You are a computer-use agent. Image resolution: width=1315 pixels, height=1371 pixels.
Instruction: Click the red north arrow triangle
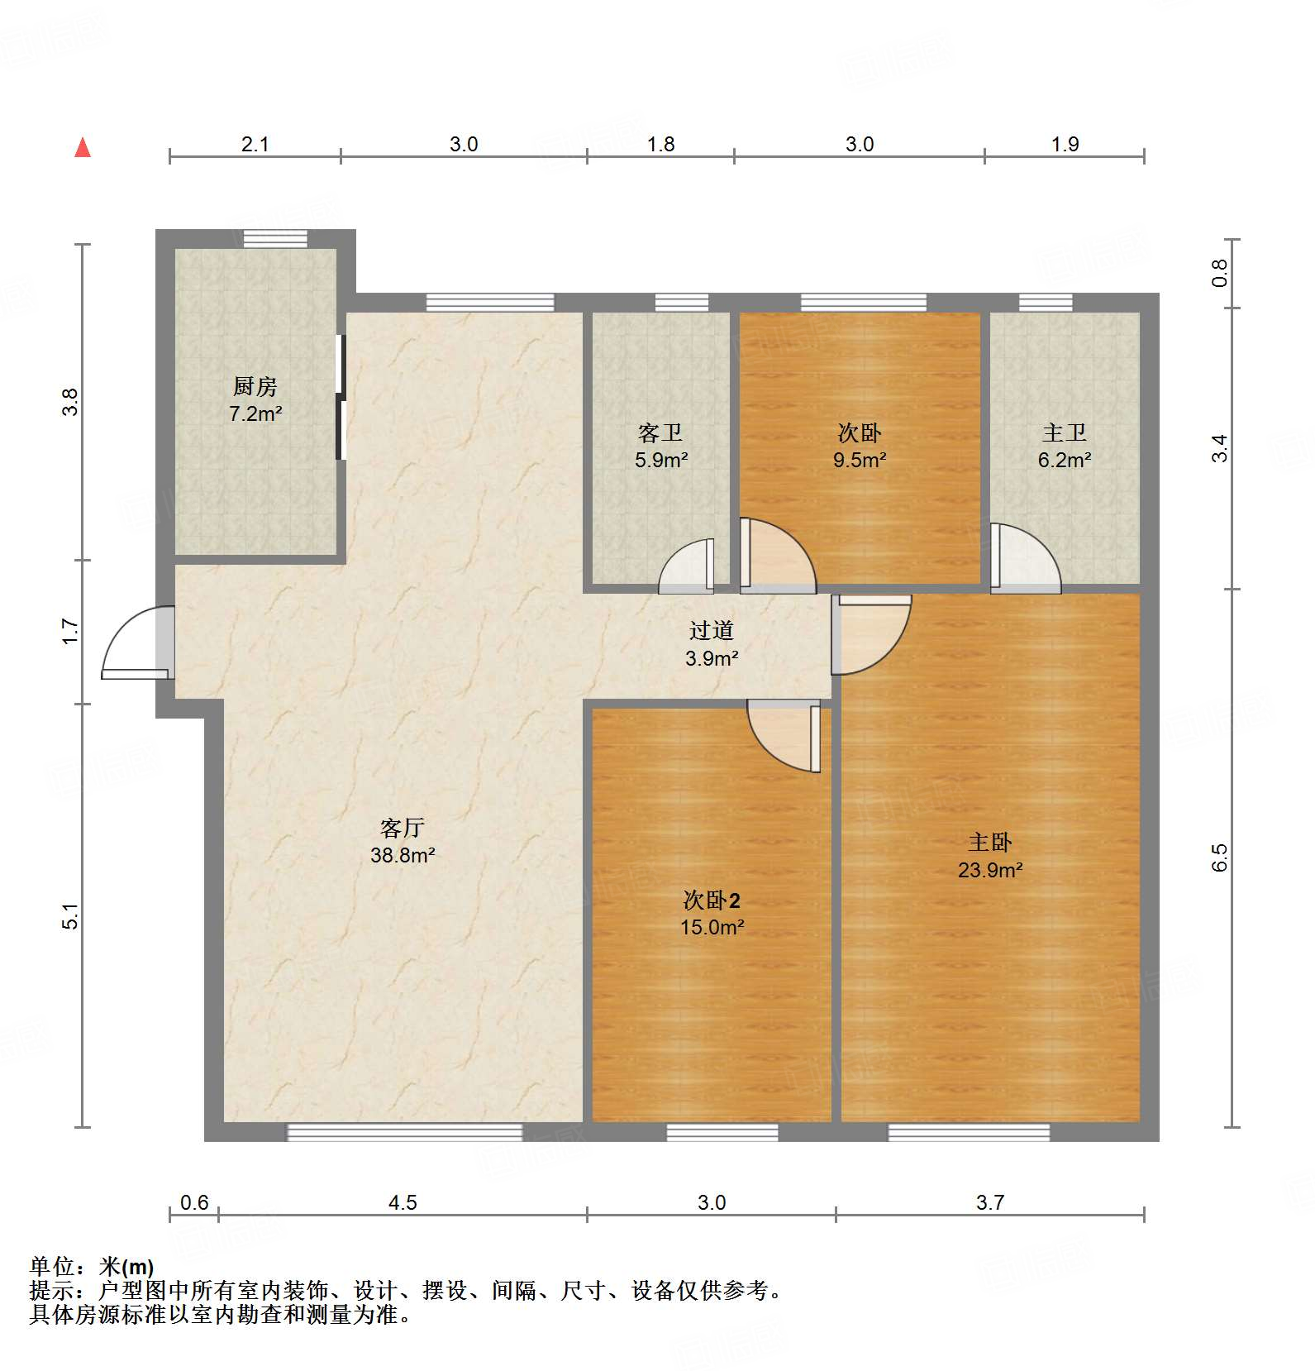(x=83, y=148)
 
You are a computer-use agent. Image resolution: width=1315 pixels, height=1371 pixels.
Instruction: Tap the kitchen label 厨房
(x=255, y=386)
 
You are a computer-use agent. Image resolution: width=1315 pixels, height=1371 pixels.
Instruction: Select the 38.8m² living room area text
(x=403, y=855)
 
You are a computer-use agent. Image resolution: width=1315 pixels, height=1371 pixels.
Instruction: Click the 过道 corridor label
(x=711, y=631)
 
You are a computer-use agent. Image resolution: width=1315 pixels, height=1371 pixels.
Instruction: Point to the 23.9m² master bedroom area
(x=990, y=870)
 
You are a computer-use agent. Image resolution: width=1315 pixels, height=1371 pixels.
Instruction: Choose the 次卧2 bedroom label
(x=712, y=900)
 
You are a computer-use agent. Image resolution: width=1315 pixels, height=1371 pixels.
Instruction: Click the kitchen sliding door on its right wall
(x=341, y=397)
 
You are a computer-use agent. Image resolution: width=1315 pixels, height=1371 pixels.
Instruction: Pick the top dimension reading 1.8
(x=660, y=145)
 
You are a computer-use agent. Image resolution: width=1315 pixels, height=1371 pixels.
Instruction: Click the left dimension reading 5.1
(x=71, y=916)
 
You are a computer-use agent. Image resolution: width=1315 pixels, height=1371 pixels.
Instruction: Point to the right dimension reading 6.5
(x=1220, y=857)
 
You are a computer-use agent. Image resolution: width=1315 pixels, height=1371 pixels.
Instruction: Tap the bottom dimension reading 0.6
(x=194, y=1202)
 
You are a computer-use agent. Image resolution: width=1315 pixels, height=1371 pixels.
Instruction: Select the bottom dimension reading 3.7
(x=989, y=1202)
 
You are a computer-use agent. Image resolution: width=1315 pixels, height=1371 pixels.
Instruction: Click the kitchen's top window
(x=275, y=239)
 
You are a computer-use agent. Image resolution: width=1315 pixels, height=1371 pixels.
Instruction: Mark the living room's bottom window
(x=404, y=1132)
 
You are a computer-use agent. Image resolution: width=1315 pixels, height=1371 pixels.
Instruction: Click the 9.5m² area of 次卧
(x=860, y=461)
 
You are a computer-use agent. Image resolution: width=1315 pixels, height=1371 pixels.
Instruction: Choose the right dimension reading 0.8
(x=1220, y=273)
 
